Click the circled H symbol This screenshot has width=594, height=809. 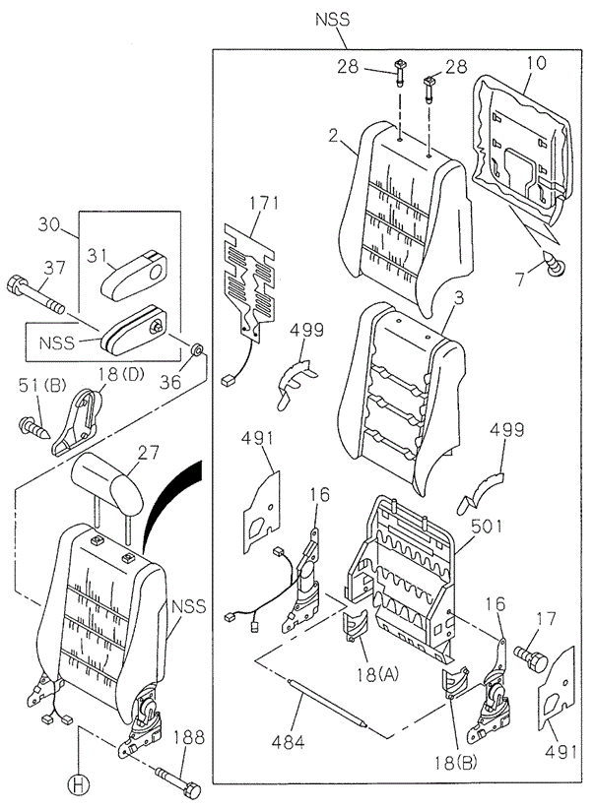[x=78, y=784]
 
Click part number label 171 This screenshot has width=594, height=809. [x=264, y=204]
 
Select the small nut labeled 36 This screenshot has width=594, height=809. [x=196, y=351]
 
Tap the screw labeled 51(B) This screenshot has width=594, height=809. [x=34, y=428]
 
